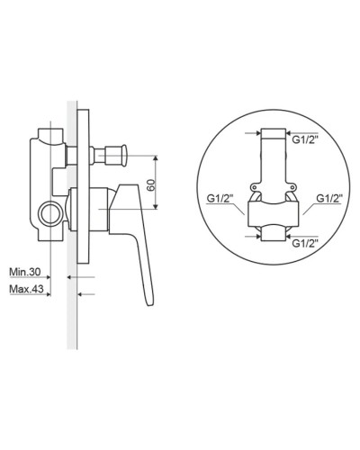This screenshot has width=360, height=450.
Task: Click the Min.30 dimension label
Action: coord(25,272)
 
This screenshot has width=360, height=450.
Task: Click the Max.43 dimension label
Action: coord(26,289)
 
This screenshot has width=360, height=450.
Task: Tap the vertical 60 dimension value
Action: coord(151,184)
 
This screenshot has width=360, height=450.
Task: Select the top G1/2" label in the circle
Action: coord(305,139)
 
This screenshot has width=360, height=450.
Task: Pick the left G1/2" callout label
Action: coord(220,198)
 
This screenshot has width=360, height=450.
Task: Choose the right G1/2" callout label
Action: coord(330,198)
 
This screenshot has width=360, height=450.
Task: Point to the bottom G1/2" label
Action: coord(305,243)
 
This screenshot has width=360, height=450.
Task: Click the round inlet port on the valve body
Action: coord(50,213)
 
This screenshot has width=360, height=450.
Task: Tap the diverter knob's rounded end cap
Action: coord(124,156)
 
